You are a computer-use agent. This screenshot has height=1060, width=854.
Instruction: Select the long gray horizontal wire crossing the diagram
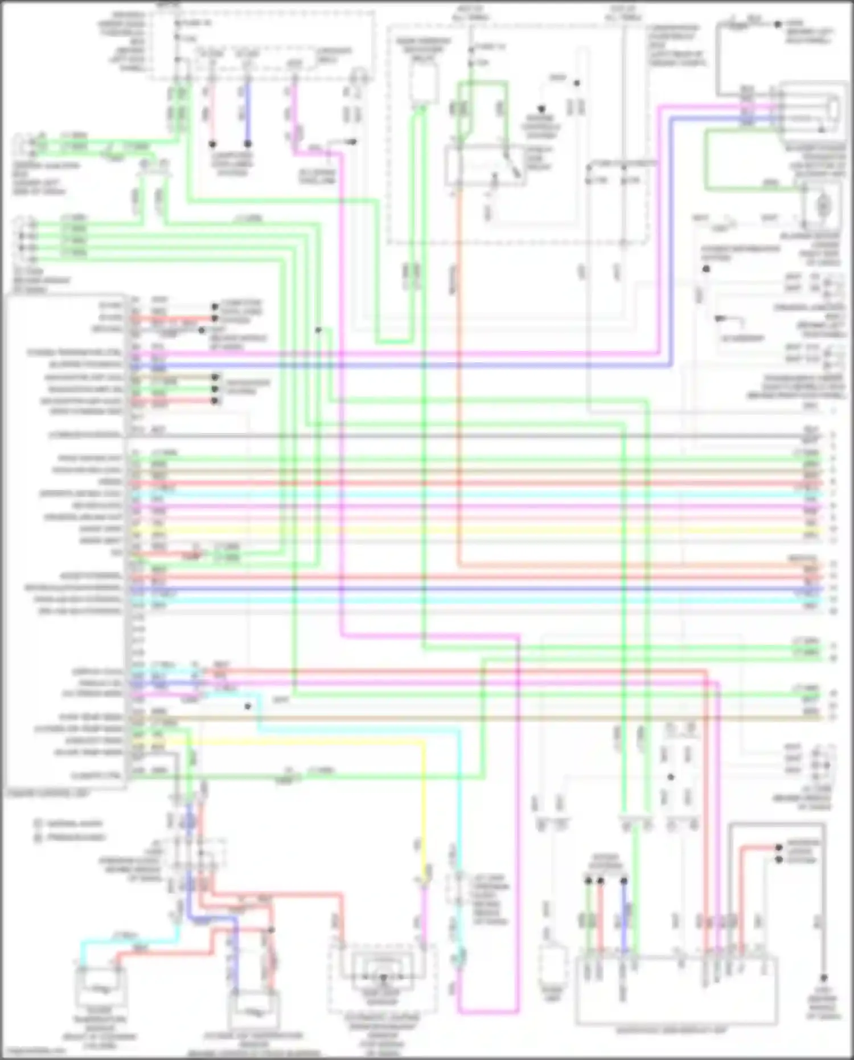[x=455, y=436]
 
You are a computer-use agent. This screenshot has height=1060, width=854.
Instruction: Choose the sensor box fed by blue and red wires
[x=254, y=1011]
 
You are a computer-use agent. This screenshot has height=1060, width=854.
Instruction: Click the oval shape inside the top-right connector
[x=832, y=108]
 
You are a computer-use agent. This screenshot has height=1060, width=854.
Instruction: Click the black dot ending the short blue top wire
[x=248, y=144]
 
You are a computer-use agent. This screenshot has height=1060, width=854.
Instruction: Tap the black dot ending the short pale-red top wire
[x=212, y=144]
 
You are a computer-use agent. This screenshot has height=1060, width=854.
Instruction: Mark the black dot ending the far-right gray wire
[x=823, y=977]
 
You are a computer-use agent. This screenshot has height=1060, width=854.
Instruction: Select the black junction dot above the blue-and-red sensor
[x=271, y=930]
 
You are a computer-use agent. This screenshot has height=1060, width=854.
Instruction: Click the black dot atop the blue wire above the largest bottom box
[x=624, y=881]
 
